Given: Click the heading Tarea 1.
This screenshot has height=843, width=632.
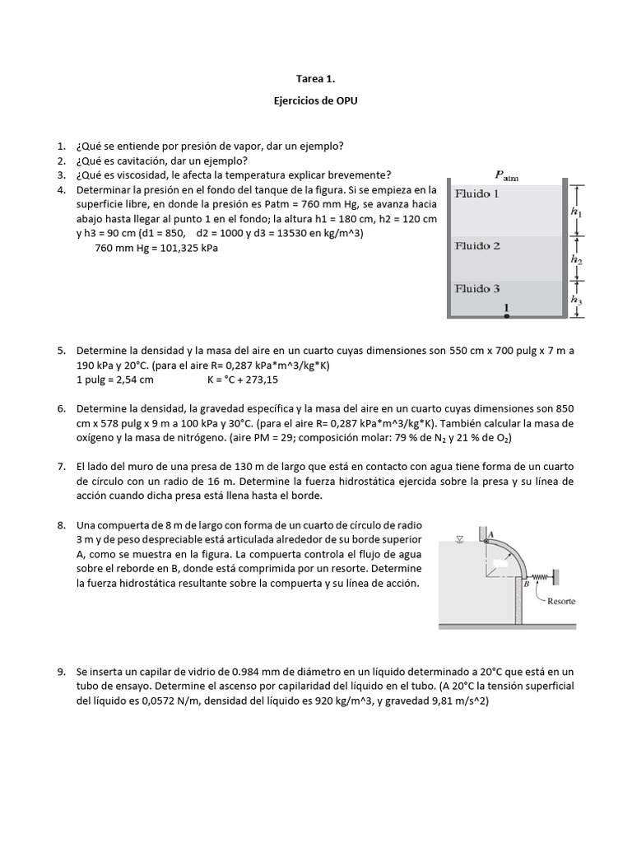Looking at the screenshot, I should tap(316, 79).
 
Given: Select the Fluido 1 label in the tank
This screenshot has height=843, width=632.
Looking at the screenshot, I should tap(477, 195).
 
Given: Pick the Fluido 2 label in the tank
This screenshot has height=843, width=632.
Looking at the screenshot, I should tap(477, 245).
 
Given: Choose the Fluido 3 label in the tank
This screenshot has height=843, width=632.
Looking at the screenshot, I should tap(477, 288).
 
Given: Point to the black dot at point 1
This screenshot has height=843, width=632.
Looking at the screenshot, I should tap(507, 314).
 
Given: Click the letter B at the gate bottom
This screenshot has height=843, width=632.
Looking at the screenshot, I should tap(525, 584).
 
